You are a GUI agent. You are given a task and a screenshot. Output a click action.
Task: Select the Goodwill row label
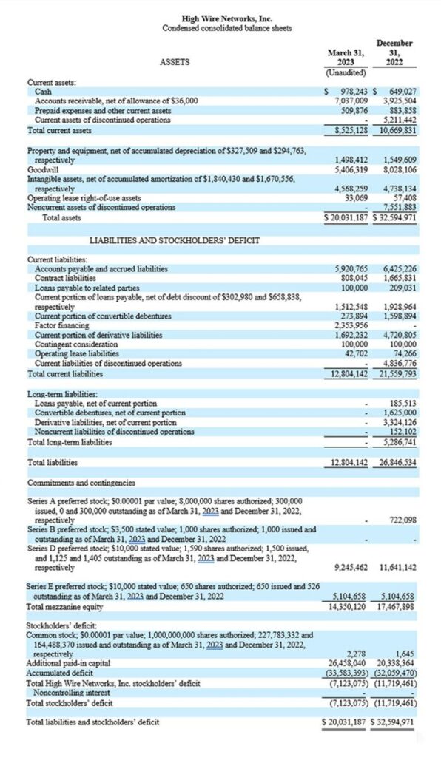(44, 169)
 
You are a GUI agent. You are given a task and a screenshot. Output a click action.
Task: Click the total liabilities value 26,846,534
(399, 463)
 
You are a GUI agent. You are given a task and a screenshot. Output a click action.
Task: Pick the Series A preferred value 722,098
(405, 520)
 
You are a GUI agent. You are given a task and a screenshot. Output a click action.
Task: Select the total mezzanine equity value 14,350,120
(347, 606)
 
